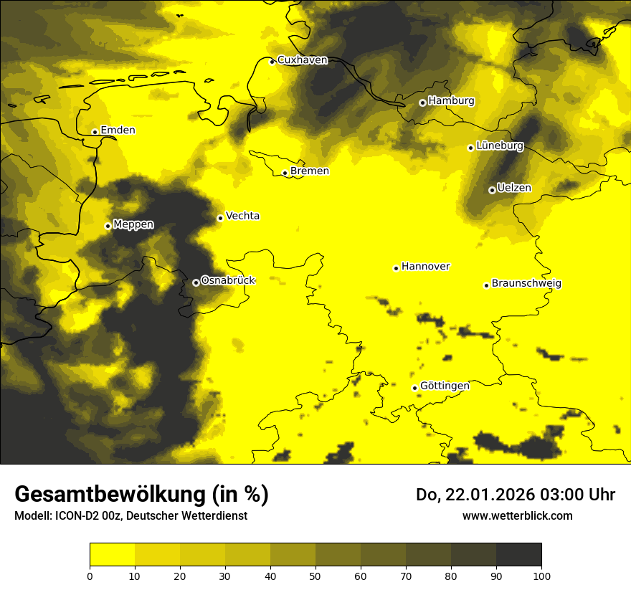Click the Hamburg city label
(451, 101)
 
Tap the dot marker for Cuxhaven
(272, 62)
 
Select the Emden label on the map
(118, 130)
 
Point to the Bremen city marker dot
(285, 173)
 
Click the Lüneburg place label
(499, 146)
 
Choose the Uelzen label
(514, 188)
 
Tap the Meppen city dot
(108, 226)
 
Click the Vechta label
(242, 216)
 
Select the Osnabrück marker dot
(196, 282)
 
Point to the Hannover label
(425, 267)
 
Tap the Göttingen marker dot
(414, 388)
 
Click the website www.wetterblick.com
(517, 515)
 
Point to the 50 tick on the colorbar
(315, 575)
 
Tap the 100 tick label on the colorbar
(541, 575)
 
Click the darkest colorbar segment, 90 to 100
(518, 554)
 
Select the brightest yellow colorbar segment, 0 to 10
(112, 554)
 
